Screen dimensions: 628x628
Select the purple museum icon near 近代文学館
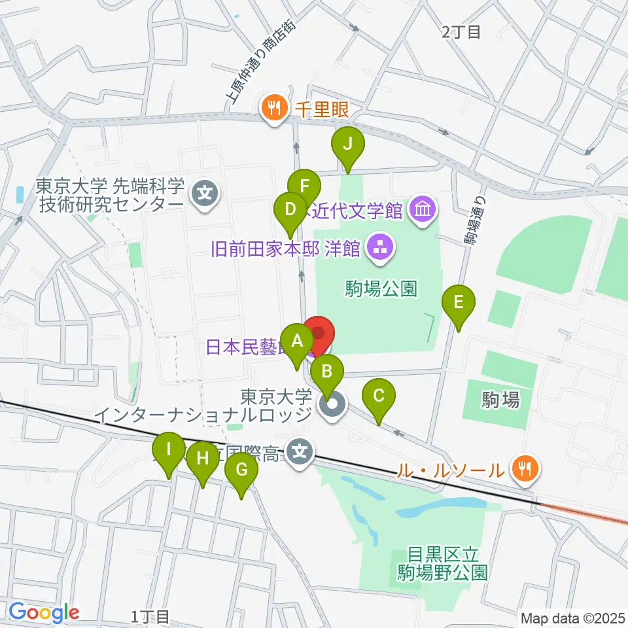pyautogui.click(x=423, y=210)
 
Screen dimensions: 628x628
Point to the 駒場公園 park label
pyautogui.click(x=381, y=288)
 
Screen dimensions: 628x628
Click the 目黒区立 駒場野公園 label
pyautogui.click(x=443, y=565)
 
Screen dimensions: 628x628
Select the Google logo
pyautogui.click(x=44, y=612)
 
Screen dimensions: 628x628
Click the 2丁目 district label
pyautogui.click(x=461, y=31)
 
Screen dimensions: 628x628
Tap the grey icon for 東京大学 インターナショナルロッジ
pyautogui.click(x=332, y=406)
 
